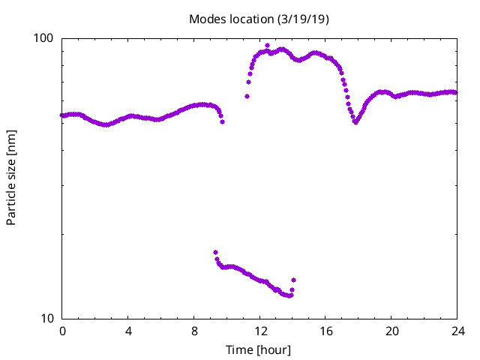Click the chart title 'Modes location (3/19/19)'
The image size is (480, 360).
point(259,19)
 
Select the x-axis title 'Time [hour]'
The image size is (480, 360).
point(259,350)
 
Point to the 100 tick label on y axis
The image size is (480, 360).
point(46,38)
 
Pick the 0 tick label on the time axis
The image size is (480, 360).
point(62,331)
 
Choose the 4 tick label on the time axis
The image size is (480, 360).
point(128,331)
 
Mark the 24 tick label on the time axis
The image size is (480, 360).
point(457,331)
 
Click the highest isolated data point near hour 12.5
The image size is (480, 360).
point(267,45)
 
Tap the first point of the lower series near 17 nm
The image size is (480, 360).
point(215,252)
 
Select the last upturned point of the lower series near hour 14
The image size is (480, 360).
point(293,280)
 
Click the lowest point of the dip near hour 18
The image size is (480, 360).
point(355,122)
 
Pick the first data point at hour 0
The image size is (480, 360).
point(62,115)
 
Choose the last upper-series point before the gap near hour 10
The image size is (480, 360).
point(222,121)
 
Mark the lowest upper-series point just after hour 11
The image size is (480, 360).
point(247,96)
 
